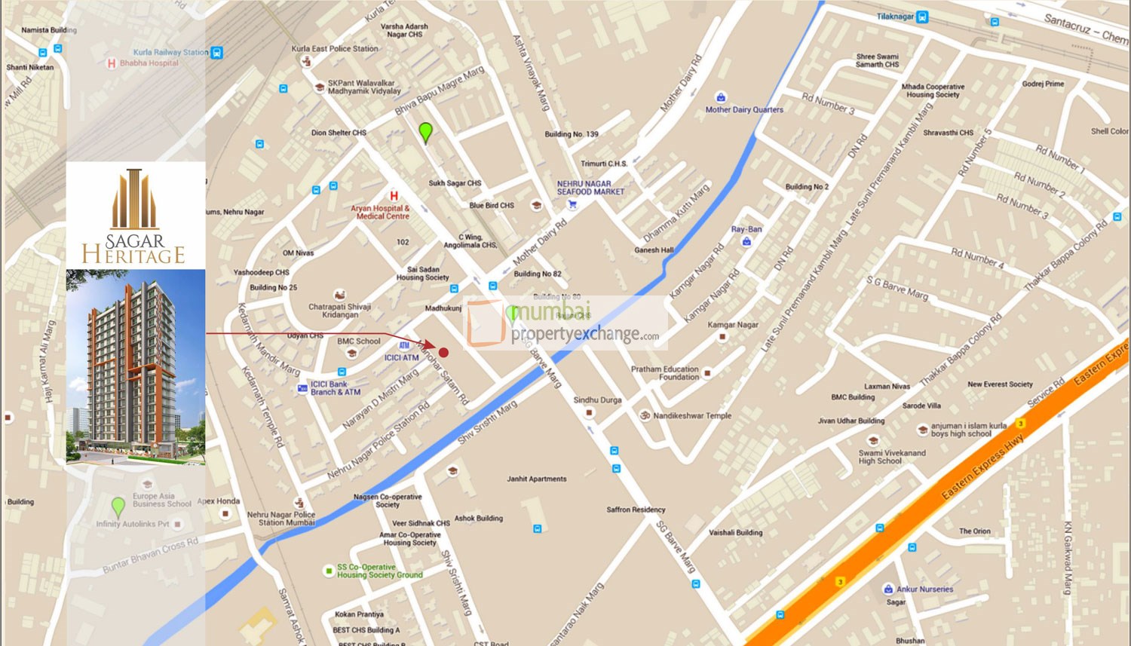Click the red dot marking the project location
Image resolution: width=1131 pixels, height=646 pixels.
444,352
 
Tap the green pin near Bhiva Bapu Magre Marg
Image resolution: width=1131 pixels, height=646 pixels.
425,132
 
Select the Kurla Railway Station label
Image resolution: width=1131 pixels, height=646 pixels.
170,53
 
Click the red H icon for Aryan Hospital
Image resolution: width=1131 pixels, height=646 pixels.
394,196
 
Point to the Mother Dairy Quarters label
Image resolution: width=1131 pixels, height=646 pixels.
744,110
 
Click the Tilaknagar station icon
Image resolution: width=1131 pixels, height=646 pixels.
922,17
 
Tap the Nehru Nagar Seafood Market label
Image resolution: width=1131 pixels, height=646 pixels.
590,188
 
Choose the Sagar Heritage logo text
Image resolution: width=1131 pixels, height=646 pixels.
133,249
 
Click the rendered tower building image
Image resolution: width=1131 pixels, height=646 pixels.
135,367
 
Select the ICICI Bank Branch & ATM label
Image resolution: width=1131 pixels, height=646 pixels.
336,388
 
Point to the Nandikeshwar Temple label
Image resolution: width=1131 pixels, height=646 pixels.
692,416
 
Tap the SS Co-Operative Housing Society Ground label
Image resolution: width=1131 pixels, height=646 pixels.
379,571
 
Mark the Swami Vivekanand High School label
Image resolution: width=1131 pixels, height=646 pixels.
892,457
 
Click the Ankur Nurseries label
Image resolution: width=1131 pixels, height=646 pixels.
924,589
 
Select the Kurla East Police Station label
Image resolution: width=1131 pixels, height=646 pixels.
335,49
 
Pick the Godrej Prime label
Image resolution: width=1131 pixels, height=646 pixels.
1043,84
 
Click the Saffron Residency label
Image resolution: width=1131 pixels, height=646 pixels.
636,510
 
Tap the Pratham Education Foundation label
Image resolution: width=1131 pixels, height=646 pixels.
664,373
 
